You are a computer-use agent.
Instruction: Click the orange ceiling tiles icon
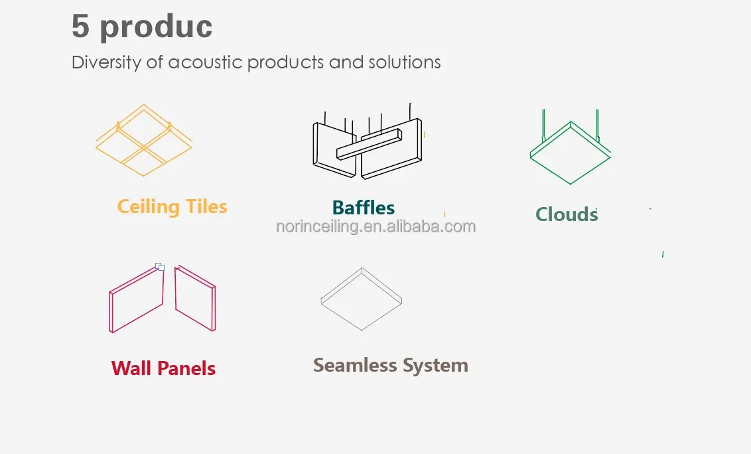(x=144, y=140)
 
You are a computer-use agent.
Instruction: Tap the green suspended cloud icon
(x=571, y=153)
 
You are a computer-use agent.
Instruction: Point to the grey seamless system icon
(x=362, y=299)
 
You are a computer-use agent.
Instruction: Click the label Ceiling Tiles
(x=172, y=206)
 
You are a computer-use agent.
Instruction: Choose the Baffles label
(x=364, y=208)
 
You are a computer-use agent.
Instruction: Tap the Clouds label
(x=567, y=214)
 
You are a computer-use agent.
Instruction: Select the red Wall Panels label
(x=163, y=368)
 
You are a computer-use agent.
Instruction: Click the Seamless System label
(x=390, y=365)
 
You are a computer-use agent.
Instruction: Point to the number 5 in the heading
(x=80, y=27)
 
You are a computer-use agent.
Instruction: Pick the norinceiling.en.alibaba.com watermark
(x=376, y=226)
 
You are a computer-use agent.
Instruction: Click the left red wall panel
(x=136, y=300)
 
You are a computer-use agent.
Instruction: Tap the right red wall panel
(x=196, y=299)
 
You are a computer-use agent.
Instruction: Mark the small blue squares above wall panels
(x=160, y=267)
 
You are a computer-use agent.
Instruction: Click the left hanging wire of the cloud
(x=544, y=126)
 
